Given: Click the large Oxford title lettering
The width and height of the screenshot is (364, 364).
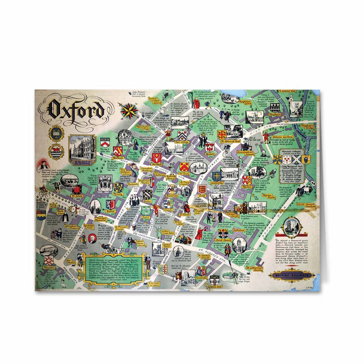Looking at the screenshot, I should [x=76, y=110].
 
